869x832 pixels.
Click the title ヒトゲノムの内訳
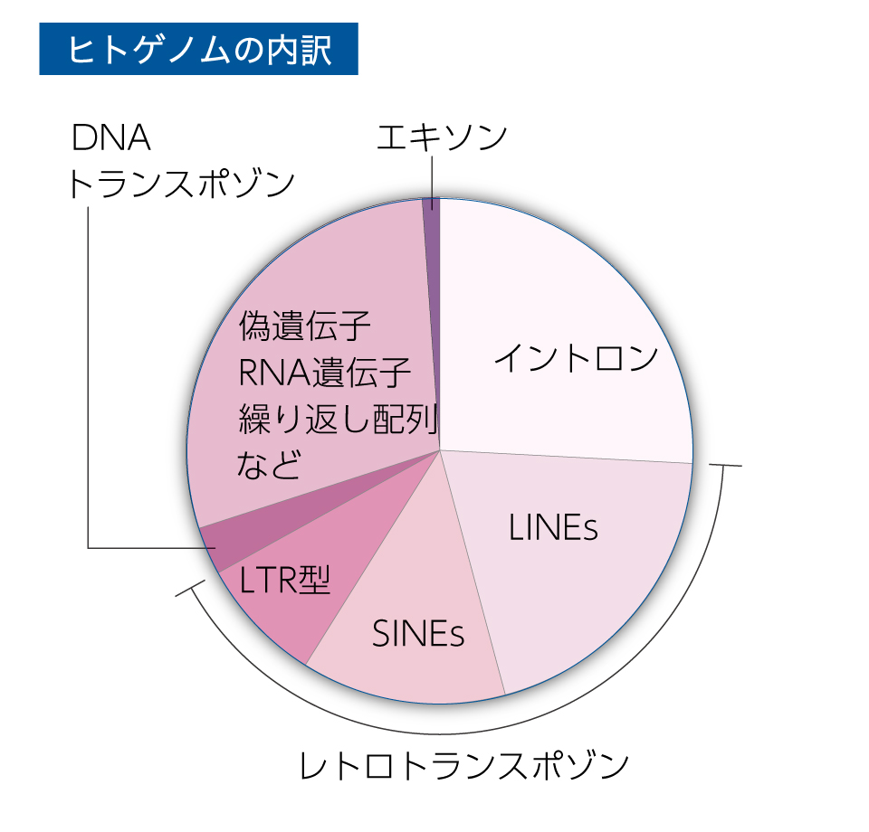199,49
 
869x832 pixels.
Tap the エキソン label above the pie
442,137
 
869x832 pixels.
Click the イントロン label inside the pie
576,357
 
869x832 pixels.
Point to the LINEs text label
553,527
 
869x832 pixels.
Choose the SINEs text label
418,633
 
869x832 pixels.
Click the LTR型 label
285,580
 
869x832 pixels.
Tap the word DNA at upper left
110,137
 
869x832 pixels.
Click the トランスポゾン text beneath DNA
181,184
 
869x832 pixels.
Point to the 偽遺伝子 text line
304,326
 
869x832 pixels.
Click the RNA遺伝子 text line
324,372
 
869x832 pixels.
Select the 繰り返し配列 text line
338,419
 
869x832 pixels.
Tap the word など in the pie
270,464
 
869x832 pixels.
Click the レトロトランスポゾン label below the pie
463,766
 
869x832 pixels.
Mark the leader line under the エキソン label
432,184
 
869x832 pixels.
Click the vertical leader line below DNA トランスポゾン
88,377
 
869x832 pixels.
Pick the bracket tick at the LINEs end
725,466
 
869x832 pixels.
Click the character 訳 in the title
315,50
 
